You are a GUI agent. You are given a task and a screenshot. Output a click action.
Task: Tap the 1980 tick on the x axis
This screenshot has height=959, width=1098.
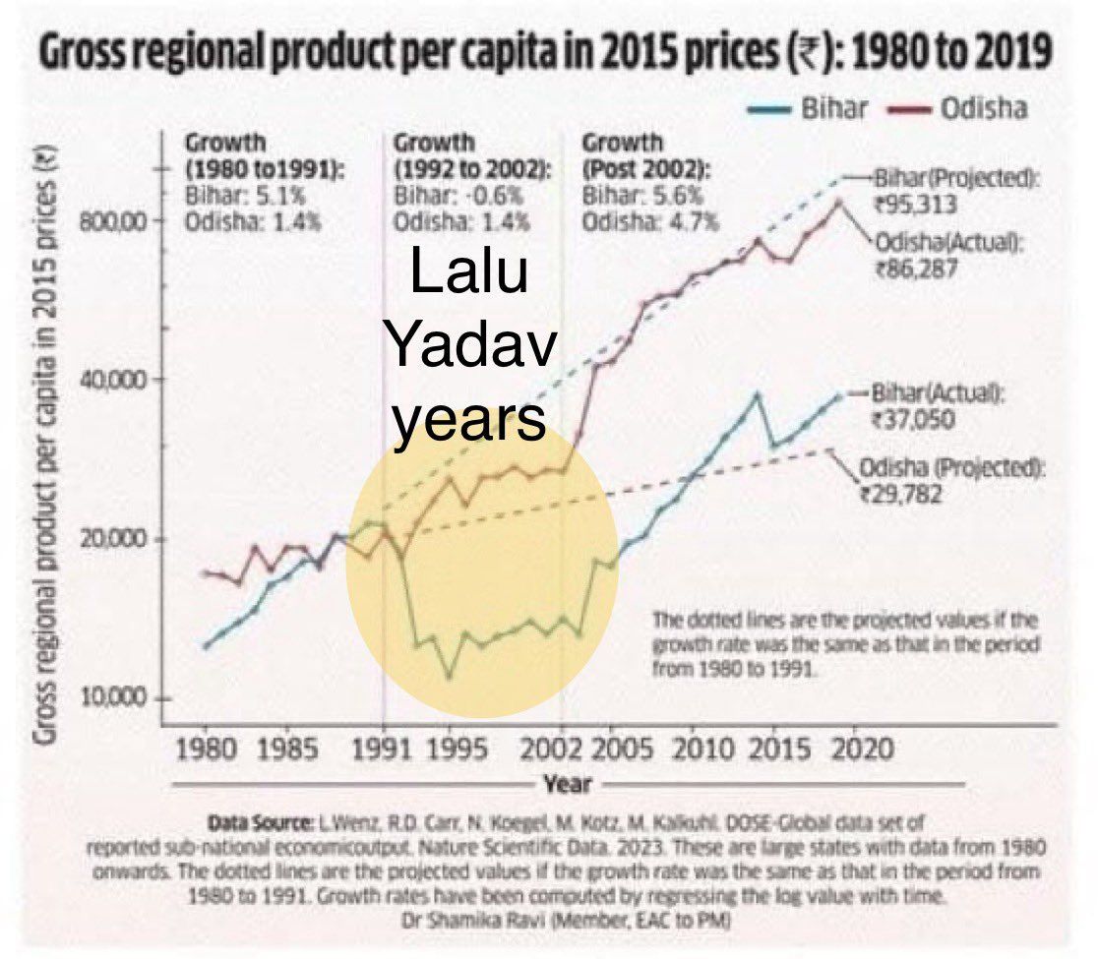click(x=206, y=749)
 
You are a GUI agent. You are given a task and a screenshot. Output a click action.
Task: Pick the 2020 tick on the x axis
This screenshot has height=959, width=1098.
click(x=862, y=749)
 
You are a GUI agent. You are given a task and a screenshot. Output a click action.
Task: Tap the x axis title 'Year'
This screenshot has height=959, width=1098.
click(x=568, y=784)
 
